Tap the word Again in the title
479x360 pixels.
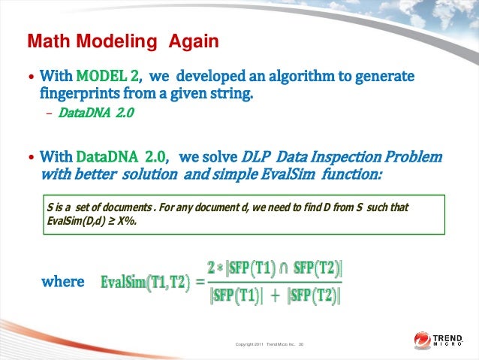(x=194, y=40)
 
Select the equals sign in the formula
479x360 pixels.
(x=199, y=283)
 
